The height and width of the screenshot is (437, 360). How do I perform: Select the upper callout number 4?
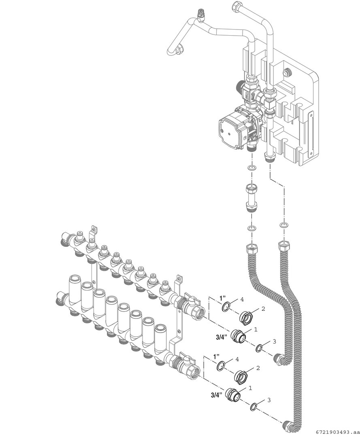tap(242, 299)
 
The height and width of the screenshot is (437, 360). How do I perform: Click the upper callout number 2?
tap(263, 308)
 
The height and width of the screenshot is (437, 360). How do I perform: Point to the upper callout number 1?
tap(256, 329)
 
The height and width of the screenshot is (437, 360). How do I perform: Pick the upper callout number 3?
tap(274, 341)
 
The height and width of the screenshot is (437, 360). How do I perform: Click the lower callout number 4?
tap(237, 359)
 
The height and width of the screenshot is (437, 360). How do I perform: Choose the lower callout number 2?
tap(258, 368)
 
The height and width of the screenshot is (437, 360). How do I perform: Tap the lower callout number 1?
tap(250, 388)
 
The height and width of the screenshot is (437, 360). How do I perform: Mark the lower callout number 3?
tap(269, 400)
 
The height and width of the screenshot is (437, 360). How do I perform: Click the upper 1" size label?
tap(222, 298)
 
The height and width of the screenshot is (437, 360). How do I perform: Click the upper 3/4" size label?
tap(222, 337)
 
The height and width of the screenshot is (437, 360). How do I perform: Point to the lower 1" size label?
tap(217, 356)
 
